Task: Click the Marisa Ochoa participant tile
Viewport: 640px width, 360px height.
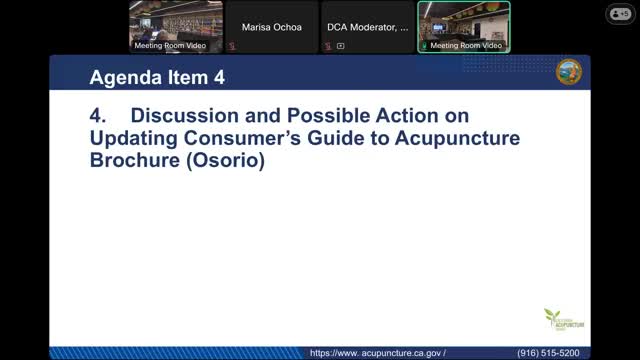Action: tap(271, 26)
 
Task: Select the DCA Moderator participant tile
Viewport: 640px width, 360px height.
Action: tap(367, 26)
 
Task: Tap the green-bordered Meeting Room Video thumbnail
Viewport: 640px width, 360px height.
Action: tap(463, 26)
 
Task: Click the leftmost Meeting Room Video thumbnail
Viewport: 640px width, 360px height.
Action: tap(175, 26)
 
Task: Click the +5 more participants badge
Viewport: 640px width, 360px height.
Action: tap(619, 14)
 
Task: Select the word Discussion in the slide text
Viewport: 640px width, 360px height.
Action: tap(180, 117)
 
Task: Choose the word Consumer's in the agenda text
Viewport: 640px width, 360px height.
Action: tap(224, 137)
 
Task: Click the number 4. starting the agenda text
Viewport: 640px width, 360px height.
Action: tap(98, 117)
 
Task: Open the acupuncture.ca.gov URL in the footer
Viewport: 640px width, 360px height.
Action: tap(377, 353)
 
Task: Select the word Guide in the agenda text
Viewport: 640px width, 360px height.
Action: tap(320, 137)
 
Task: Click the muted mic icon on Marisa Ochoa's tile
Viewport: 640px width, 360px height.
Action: tap(232, 46)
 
